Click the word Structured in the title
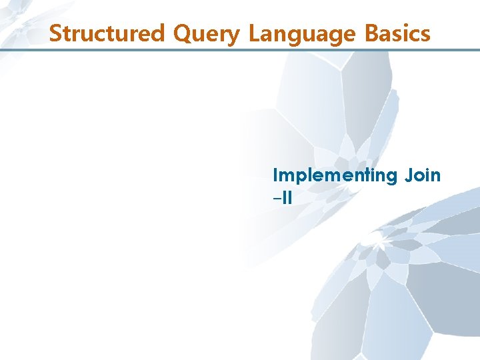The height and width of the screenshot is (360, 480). (108, 33)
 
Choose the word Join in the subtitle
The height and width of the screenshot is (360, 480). (423, 175)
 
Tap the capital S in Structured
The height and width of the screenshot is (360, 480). (56, 33)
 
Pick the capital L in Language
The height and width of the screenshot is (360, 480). (254, 33)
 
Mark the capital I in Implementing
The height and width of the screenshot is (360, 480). (276, 175)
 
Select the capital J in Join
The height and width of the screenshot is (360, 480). (408, 175)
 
